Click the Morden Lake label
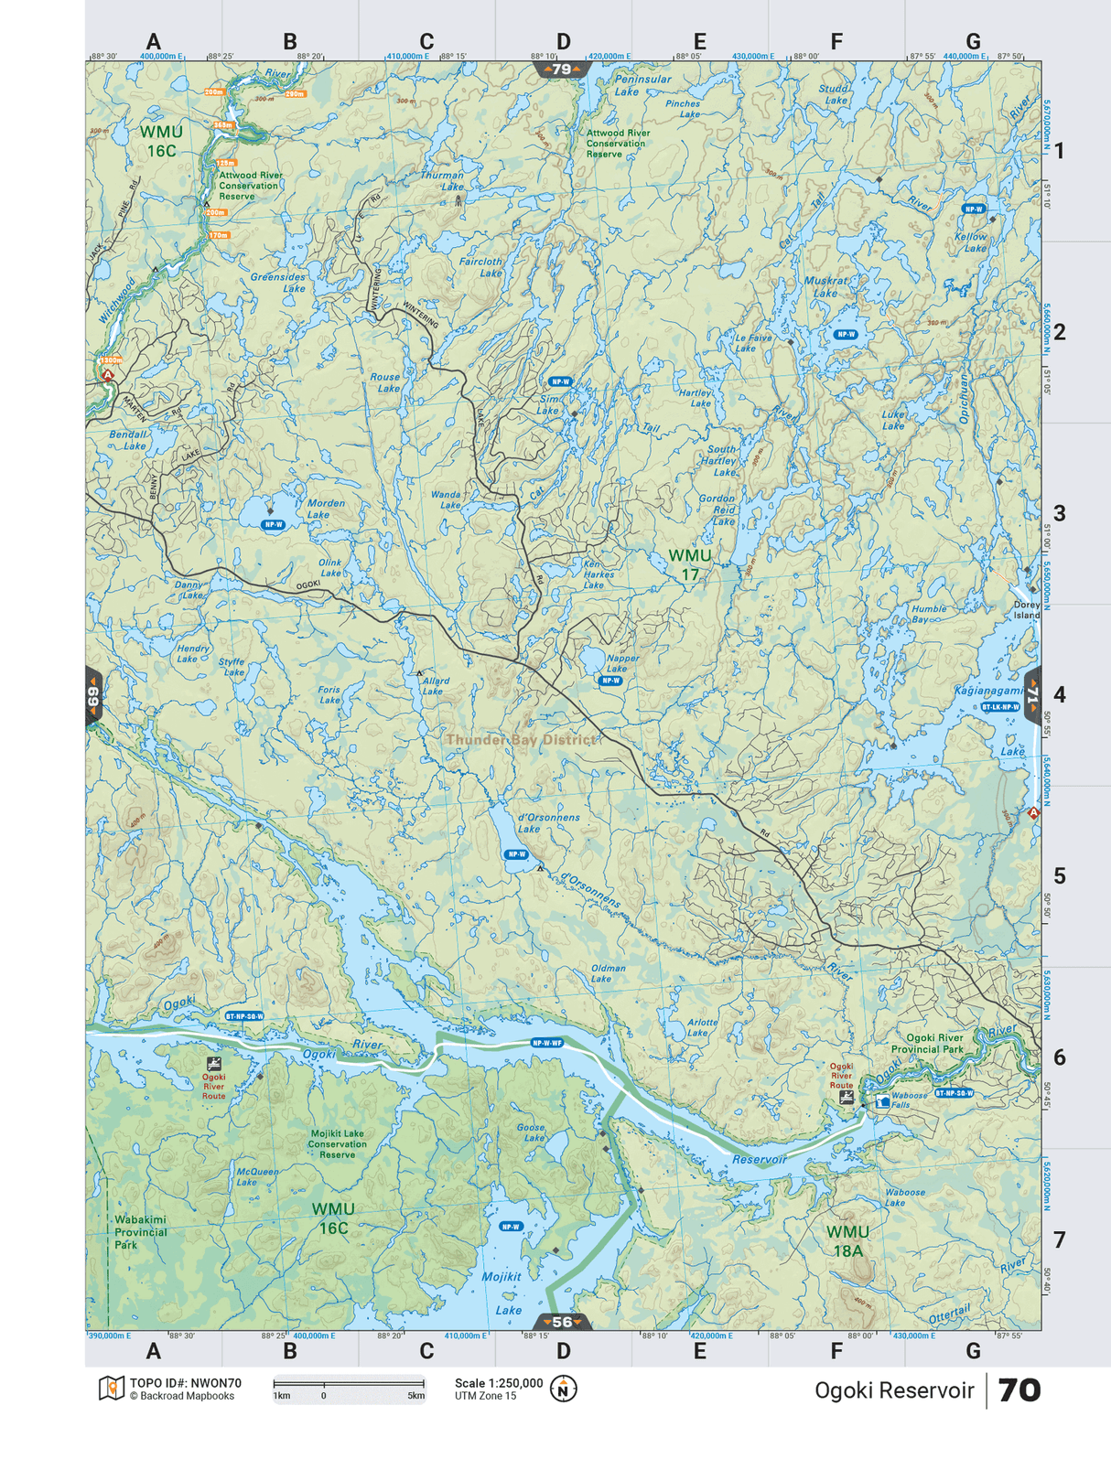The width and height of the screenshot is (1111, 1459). coord(326,509)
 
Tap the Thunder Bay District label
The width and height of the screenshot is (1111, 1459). coord(520,739)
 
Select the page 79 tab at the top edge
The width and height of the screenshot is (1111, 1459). coord(562,70)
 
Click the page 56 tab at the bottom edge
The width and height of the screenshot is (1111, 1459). coord(562,1322)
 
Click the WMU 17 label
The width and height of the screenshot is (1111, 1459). coord(689,564)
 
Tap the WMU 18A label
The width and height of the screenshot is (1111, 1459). coord(847,1241)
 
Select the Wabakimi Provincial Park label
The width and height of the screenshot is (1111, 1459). coord(140,1232)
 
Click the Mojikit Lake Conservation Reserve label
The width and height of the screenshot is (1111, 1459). coord(337,1143)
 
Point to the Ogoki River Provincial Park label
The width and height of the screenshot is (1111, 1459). coord(927,1044)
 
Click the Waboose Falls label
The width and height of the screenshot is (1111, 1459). coord(909,1100)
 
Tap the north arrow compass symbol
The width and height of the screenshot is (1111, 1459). coord(564,1389)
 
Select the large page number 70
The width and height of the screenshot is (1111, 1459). coord(1019,1390)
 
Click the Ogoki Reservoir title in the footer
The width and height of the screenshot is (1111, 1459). coord(893,1390)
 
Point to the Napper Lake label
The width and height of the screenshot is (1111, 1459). coord(622,663)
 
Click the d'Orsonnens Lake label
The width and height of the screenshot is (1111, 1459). coord(548,822)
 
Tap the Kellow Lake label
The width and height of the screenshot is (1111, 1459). coord(971,242)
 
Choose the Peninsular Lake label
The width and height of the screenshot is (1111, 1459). coord(642,85)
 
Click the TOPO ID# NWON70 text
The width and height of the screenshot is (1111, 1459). coord(185,1383)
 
